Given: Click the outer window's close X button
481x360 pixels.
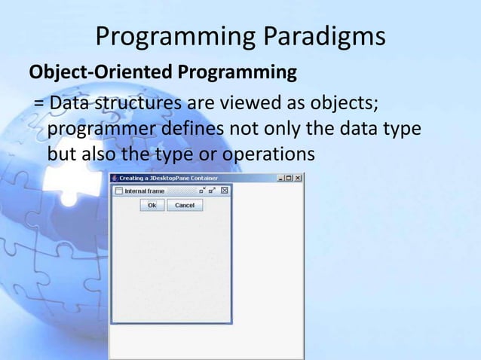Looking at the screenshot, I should coord(298,178).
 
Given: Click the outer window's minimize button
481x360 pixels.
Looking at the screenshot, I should coord(280,178).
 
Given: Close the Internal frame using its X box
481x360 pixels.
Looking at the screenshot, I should coord(224,191).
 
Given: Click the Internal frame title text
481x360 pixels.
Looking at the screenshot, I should coord(144,191).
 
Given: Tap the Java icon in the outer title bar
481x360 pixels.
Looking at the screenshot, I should coord(115,178).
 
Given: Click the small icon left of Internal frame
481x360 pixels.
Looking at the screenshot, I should coord(118,191).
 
